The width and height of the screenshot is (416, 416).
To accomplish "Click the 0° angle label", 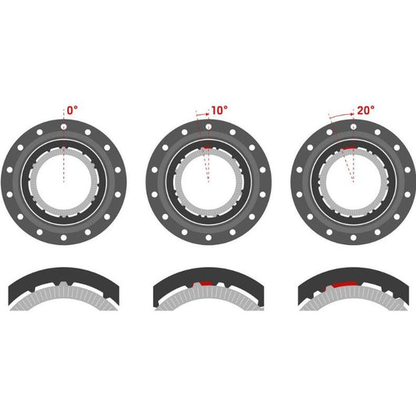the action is (72, 110).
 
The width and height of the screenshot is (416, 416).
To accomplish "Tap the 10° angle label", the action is (219, 110).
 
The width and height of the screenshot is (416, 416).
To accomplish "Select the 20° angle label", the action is (365, 110).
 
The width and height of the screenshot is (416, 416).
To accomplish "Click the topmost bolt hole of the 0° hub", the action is (64, 126).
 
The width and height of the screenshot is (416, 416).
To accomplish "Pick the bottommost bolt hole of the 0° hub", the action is (64, 237).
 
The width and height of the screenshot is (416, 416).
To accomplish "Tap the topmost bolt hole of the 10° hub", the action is (208, 126).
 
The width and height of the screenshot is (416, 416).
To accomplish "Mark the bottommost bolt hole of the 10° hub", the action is (208, 237).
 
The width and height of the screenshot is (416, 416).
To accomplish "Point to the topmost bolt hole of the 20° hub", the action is (354, 126).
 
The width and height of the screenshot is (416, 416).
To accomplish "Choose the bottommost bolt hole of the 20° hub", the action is (354, 237).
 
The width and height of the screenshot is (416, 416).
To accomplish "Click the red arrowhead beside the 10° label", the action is (208, 114).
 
